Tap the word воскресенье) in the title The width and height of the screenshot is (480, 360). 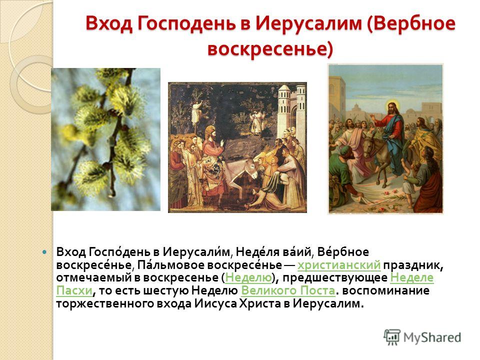(270, 49)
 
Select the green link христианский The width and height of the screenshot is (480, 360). (339, 265)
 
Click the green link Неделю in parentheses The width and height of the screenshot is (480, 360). (248, 277)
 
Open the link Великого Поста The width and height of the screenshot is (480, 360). (288, 290)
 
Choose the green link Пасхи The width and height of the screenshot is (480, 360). (74, 290)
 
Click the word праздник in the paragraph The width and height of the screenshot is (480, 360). (413, 265)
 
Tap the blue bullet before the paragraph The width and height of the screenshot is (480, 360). (44, 252)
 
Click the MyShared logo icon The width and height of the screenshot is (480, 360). (392, 337)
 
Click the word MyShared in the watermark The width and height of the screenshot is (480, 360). (432, 337)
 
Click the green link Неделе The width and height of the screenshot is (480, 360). (412, 277)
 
